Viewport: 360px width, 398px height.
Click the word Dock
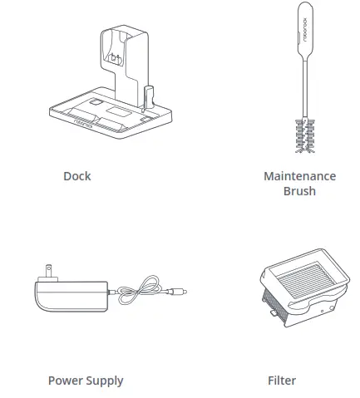(x=76, y=176)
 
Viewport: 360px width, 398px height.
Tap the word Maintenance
(x=299, y=176)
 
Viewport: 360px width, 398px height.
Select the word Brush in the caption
(x=299, y=191)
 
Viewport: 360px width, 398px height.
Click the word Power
(x=65, y=381)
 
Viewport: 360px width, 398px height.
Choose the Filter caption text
(x=282, y=381)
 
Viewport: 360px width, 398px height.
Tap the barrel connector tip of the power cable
(x=178, y=292)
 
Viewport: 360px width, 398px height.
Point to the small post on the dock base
(x=150, y=96)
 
